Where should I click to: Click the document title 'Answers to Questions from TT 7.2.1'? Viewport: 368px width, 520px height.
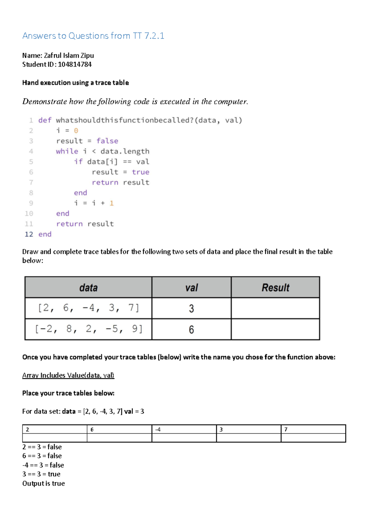[x=93, y=36]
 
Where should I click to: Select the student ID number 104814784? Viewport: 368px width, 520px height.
[x=75, y=64]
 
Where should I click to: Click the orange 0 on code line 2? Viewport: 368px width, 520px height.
[x=76, y=131]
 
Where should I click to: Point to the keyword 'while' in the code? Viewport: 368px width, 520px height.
[x=67, y=151]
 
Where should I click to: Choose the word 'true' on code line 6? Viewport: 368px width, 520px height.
[x=140, y=172]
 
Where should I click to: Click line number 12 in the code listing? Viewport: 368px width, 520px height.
[x=29, y=234]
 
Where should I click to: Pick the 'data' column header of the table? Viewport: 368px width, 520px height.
[x=88, y=288]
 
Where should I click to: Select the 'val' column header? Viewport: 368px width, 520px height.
[x=191, y=288]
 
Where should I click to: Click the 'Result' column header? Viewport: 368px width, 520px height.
[x=275, y=288]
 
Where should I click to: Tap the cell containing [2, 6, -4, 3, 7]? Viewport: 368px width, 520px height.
[x=88, y=308]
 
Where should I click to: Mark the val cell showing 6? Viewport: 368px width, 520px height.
[x=191, y=330]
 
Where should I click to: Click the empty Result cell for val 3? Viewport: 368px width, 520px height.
[x=275, y=308]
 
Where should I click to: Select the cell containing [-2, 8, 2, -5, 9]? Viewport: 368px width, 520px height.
[x=88, y=329]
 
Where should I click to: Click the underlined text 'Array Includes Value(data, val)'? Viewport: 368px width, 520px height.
[x=68, y=375]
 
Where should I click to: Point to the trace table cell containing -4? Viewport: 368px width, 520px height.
[x=184, y=429]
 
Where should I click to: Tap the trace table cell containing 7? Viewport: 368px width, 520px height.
[x=313, y=429]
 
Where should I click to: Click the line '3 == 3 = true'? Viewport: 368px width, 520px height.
[x=41, y=474]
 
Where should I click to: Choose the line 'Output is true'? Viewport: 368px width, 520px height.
[x=44, y=483]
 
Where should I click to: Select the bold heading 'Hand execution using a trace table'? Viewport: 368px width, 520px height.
[x=75, y=83]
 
